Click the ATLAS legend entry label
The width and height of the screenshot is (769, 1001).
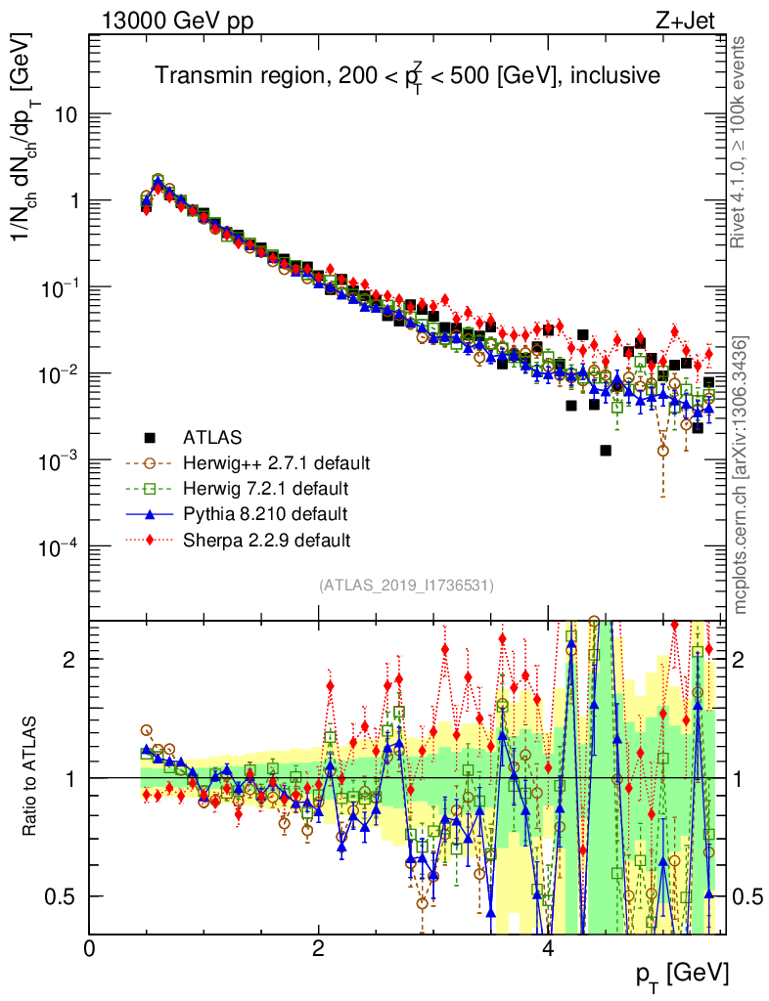pyautogui.click(x=214, y=437)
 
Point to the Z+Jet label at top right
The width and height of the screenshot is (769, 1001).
pyautogui.click(x=695, y=22)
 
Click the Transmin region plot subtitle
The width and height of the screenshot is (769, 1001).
pyautogui.click(x=409, y=75)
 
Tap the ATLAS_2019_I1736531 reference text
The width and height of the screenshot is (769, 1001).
pyautogui.click(x=406, y=586)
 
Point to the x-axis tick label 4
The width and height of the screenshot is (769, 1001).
pyautogui.click(x=548, y=947)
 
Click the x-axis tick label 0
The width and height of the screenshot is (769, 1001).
pyautogui.click(x=90, y=947)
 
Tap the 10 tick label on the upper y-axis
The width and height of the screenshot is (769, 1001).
pyautogui.click(x=66, y=114)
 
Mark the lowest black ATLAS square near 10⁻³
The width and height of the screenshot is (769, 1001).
pyautogui.click(x=606, y=450)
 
